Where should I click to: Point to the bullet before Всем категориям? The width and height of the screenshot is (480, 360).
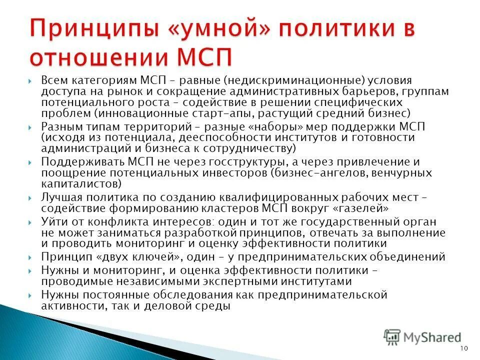point(30,81)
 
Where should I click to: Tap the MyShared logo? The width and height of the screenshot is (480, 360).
point(422,337)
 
